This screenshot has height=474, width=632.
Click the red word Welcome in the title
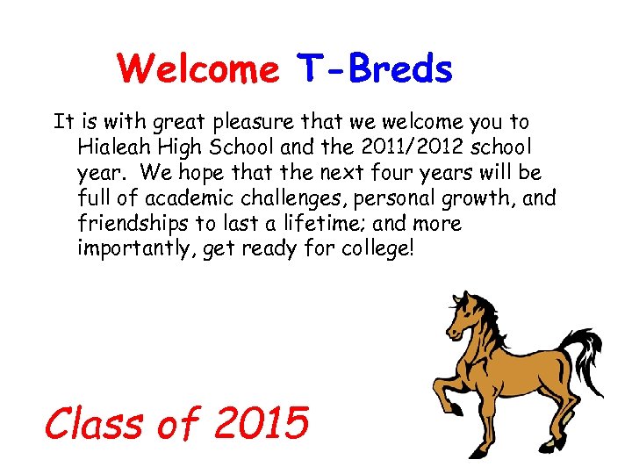click(197, 68)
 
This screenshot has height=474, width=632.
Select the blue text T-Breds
click(375, 68)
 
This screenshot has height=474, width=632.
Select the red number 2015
click(261, 423)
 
